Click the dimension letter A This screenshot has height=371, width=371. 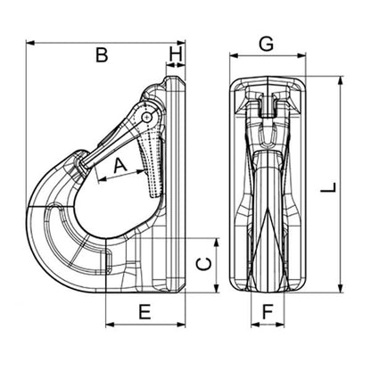point(120,166)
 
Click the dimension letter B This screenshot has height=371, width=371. point(102,55)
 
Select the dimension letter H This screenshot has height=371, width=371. point(176,54)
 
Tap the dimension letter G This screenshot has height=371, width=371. point(266,45)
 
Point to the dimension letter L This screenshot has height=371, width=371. point(329,187)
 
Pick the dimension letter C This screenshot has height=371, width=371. point(205,265)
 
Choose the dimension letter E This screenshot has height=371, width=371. point(145,312)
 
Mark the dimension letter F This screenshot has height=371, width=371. point(268,312)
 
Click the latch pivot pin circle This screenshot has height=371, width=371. point(146,117)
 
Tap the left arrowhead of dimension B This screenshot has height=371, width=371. point(30,43)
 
